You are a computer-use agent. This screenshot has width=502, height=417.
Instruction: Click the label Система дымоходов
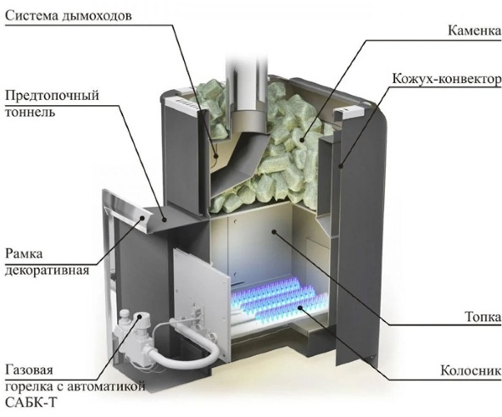pyautogui.click(x=68, y=16)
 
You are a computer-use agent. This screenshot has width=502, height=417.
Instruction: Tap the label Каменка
pyautogui.click(x=474, y=31)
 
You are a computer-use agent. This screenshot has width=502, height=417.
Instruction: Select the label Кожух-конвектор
pyautogui.click(x=446, y=79)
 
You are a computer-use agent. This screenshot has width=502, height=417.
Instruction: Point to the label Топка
pyautogui.click(x=482, y=317)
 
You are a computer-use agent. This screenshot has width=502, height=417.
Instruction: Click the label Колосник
pyautogui.click(x=471, y=370)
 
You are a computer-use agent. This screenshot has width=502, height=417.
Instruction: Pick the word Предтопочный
pyautogui.click(x=53, y=96)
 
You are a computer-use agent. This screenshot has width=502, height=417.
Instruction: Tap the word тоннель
pyautogui.click(x=30, y=113)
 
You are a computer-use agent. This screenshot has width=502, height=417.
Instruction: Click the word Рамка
pyautogui.click(x=24, y=253)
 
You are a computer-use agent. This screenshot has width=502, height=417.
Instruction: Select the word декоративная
pyautogui.click(x=47, y=270)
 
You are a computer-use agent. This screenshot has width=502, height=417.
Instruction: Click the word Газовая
pyautogui.click(x=29, y=370)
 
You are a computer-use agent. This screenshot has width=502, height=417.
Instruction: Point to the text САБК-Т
pyautogui.click(x=31, y=403)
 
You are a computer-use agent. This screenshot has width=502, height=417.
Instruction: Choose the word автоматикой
pyautogui.click(x=106, y=386)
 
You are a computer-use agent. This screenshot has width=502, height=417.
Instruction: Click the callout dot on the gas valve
pyautogui.click(x=140, y=316)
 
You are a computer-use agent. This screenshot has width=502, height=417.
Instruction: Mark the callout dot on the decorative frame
pyautogui.click(x=142, y=218)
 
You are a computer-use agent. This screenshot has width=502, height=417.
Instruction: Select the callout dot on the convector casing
pyautogui.click(x=341, y=166)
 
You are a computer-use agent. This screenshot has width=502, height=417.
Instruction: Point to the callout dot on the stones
pyautogui.click(x=302, y=140)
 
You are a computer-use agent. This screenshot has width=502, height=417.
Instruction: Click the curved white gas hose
pyautogui.click(x=182, y=346)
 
